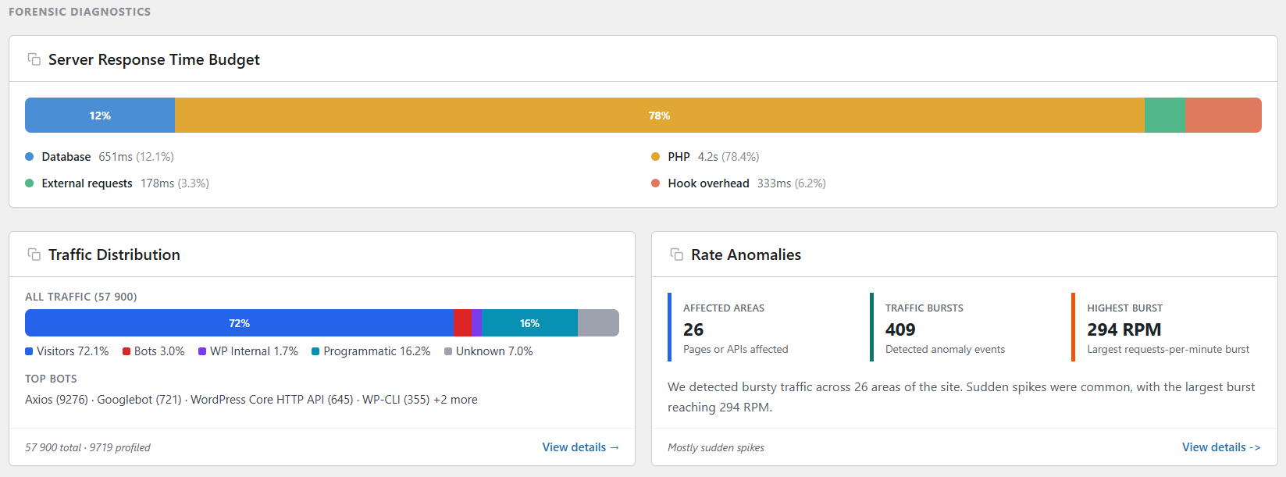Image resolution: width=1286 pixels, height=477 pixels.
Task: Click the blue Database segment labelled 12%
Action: coord(100,116)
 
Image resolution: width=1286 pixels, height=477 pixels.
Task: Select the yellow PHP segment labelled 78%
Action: coord(660,116)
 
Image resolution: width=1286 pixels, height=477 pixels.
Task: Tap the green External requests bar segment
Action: coord(1165,116)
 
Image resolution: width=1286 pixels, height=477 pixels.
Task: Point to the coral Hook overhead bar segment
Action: coord(1224,116)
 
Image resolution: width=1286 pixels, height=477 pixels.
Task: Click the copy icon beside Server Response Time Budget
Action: coord(34,59)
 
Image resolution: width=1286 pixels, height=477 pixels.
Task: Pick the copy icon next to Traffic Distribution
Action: coord(34,255)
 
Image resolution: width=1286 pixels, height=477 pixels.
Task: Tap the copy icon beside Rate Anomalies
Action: coord(677,255)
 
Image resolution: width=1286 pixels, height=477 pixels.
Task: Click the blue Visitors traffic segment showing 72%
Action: coord(240,323)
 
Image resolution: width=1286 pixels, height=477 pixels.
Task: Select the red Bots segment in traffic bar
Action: coord(462,323)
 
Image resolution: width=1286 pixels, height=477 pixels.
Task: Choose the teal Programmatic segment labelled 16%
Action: coord(529,323)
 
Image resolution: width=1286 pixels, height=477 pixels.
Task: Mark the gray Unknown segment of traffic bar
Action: coord(598,323)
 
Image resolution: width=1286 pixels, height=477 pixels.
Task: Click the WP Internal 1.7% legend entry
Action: coord(248,351)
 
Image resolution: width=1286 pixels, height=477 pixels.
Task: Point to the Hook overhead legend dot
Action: coord(656,183)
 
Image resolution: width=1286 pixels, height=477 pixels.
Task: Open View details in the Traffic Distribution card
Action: coord(580,447)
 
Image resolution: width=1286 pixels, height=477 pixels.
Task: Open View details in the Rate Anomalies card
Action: coord(1221,447)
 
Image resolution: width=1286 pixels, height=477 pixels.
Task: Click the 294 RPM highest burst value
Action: coord(1124,329)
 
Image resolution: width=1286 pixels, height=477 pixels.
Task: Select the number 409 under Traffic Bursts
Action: coord(900,329)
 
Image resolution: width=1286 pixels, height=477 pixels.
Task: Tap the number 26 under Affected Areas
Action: coord(693,329)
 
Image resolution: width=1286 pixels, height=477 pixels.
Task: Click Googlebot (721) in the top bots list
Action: coord(139,400)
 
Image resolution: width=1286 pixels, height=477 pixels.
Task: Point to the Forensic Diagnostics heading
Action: coord(80,12)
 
